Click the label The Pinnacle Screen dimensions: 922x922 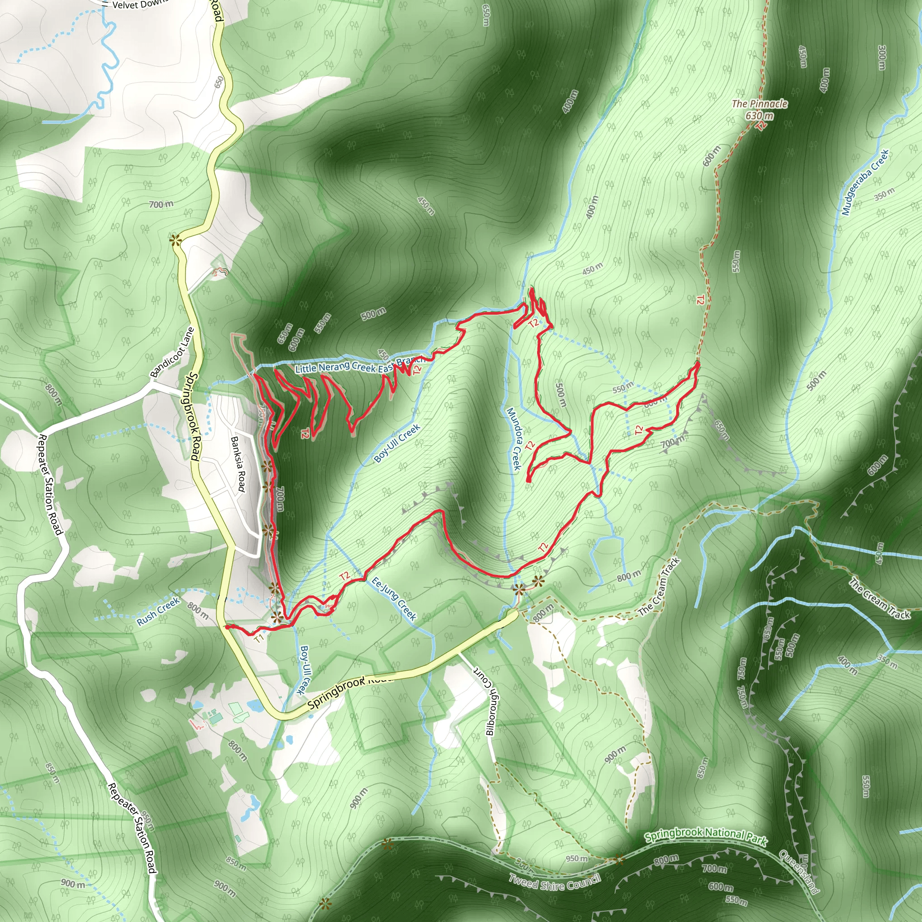(760, 104)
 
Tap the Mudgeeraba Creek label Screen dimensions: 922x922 (865, 182)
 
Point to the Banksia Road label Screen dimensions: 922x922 (238, 464)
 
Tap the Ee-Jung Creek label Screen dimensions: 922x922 (394, 599)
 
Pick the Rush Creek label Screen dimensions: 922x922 (158, 611)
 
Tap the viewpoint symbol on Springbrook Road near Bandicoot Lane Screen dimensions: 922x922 (176, 240)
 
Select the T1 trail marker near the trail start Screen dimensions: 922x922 (259, 638)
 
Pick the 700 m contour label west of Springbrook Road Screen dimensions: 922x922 (161, 205)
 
